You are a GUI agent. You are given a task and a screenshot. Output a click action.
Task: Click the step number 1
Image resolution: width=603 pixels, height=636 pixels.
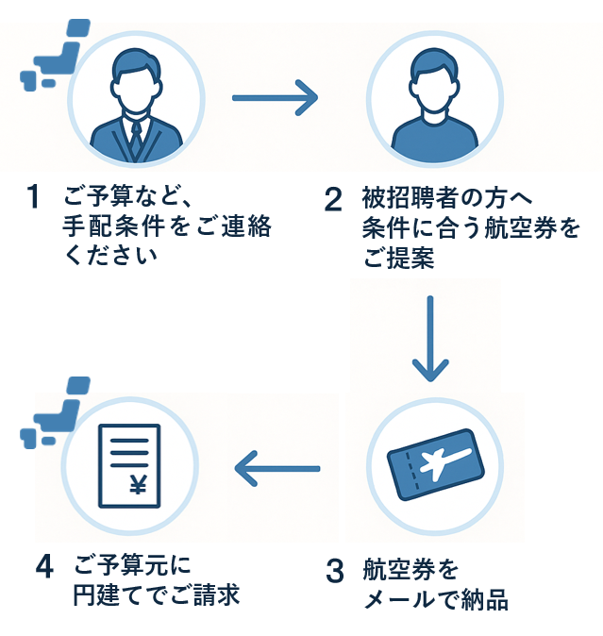tap(33, 198)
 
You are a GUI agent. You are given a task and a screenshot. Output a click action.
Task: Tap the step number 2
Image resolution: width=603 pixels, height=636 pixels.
tap(333, 199)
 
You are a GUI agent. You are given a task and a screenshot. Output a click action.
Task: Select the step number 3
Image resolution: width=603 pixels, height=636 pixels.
tap(335, 571)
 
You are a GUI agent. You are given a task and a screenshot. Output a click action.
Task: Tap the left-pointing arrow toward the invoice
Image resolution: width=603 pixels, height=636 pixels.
tap(276, 464)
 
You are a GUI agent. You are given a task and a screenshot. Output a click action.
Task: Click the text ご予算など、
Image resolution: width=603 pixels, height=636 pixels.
tap(127, 198)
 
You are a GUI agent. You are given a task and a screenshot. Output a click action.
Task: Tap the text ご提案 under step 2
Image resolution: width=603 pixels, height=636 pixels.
tap(399, 258)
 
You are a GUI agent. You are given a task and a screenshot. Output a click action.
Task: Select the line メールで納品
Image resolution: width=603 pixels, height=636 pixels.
tap(436, 600)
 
